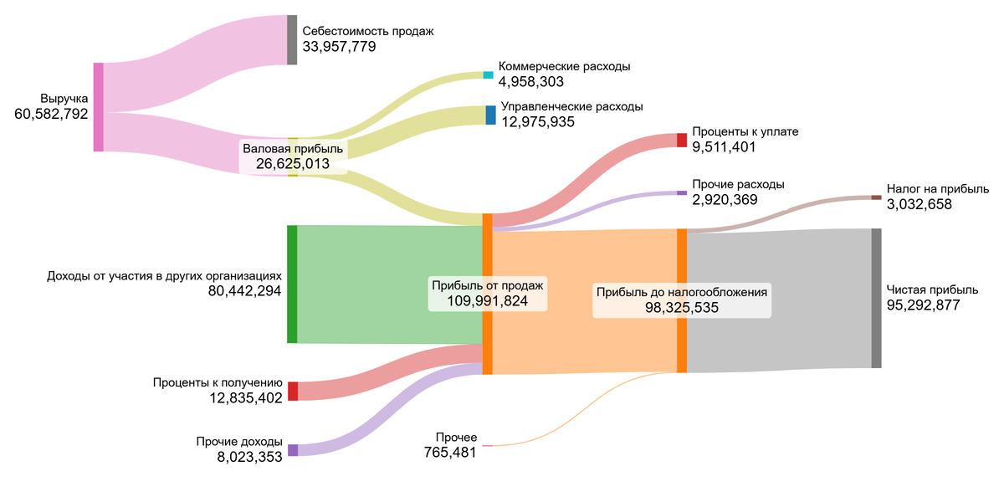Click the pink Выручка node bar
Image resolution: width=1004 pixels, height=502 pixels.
[98, 107]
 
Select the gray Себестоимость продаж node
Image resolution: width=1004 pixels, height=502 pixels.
[292, 39]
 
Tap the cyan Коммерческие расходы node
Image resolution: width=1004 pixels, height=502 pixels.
[489, 74]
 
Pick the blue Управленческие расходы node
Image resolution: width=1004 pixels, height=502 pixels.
[490, 115]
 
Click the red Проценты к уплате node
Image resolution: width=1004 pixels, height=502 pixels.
[681, 140]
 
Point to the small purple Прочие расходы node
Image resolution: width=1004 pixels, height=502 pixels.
[681, 193]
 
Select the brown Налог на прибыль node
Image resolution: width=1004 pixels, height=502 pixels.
[876, 197]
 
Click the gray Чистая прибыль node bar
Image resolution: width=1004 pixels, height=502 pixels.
[876, 298]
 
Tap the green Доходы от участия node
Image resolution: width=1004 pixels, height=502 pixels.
[292, 284]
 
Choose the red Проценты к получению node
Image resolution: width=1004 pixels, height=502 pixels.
[293, 391]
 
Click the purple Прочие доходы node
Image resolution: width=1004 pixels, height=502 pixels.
[293, 450]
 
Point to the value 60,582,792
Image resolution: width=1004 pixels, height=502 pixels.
[51, 115]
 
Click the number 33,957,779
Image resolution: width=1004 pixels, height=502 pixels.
[339, 47]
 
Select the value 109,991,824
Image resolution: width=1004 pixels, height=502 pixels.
[488, 301]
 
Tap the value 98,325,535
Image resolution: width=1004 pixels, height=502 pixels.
[682, 308]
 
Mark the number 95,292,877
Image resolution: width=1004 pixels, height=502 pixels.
[923, 305]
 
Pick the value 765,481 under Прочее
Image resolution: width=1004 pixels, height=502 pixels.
[450, 453]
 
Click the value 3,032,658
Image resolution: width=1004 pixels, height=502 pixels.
[919, 204]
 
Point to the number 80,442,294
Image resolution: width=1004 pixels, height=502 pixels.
[244, 291]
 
